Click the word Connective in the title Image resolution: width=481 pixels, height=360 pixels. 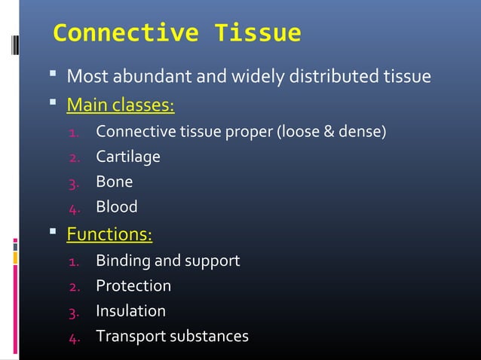(127, 34)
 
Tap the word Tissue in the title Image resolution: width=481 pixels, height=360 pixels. (258, 34)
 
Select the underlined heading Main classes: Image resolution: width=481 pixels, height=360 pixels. (121, 102)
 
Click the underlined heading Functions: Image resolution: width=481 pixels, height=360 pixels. (109, 234)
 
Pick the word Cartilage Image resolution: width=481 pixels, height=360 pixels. (128, 157)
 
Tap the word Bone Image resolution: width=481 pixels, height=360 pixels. (114, 182)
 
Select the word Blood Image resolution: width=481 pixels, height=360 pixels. (116, 206)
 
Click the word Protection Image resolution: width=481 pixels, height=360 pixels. (133, 286)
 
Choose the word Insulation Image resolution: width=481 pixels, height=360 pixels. (130, 311)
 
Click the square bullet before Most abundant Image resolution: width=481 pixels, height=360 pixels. (54, 76)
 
